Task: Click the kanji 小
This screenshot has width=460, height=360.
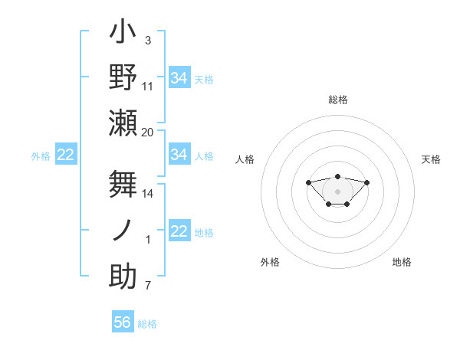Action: click(x=123, y=34)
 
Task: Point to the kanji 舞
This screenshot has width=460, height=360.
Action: click(x=123, y=184)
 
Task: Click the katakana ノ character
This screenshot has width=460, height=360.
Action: click(x=123, y=230)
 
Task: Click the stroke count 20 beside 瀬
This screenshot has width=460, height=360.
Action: click(x=147, y=133)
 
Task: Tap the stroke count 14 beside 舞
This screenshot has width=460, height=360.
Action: click(x=147, y=194)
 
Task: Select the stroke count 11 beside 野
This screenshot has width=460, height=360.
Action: click(x=147, y=87)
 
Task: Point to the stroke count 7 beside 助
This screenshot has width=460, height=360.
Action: click(x=147, y=286)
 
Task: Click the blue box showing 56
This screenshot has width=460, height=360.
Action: click(x=123, y=322)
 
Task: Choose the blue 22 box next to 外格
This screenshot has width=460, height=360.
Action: click(x=66, y=155)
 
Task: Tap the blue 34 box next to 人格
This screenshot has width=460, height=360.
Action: click(x=179, y=155)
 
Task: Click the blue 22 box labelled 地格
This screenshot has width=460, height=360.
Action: click(x=179, y=231)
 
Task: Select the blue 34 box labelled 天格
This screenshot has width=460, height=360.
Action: click(x=179, y=77)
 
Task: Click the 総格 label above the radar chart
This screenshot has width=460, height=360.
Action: click(x=337, y=100)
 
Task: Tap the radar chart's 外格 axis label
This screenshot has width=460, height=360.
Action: click(x=270, y=262)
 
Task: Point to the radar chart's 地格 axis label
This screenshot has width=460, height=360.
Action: click(x=402, y=262)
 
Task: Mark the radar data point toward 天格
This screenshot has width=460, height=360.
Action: click(x=366, y=182)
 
